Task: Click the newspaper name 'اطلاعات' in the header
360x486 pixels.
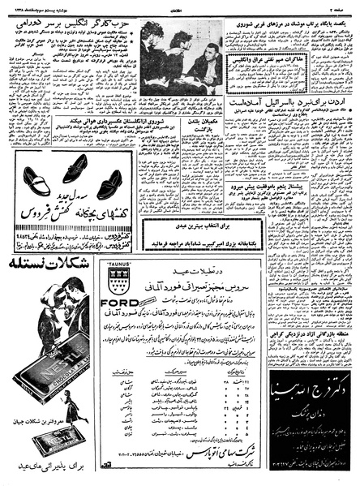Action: pos(181,6)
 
